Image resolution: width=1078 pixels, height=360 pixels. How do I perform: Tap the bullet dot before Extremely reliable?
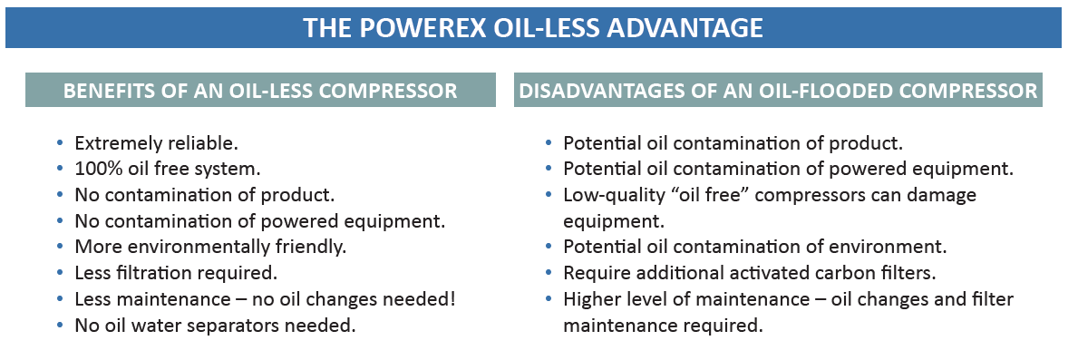(x=60, y=143)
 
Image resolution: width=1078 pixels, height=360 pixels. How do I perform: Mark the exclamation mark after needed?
(x=452, y=299)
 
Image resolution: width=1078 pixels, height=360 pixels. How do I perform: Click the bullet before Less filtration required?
(x=60, y=273)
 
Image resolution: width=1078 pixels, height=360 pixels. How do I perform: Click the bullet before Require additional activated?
(x=549, y=273)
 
